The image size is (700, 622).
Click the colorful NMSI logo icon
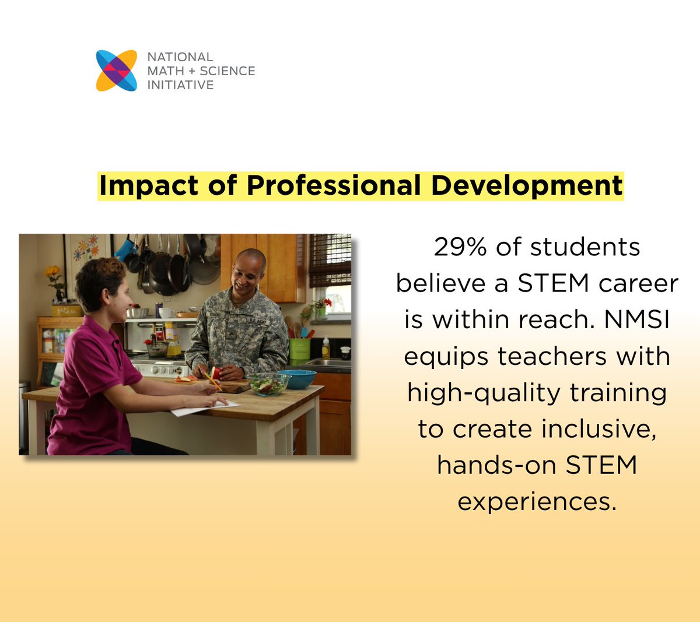(x=117, y=71)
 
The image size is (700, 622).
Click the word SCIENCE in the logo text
(x=228, y=71)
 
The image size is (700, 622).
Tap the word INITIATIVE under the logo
(x=180, y=85)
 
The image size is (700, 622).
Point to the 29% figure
(x=460, y=247)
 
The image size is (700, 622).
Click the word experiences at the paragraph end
(x=537, y=501)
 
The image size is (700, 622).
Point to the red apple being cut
(x=216, y=373)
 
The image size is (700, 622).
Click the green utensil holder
(x=299, y=349)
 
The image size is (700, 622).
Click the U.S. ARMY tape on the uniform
(x=257, y=321)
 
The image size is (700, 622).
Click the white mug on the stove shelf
(x=166, y=313)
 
